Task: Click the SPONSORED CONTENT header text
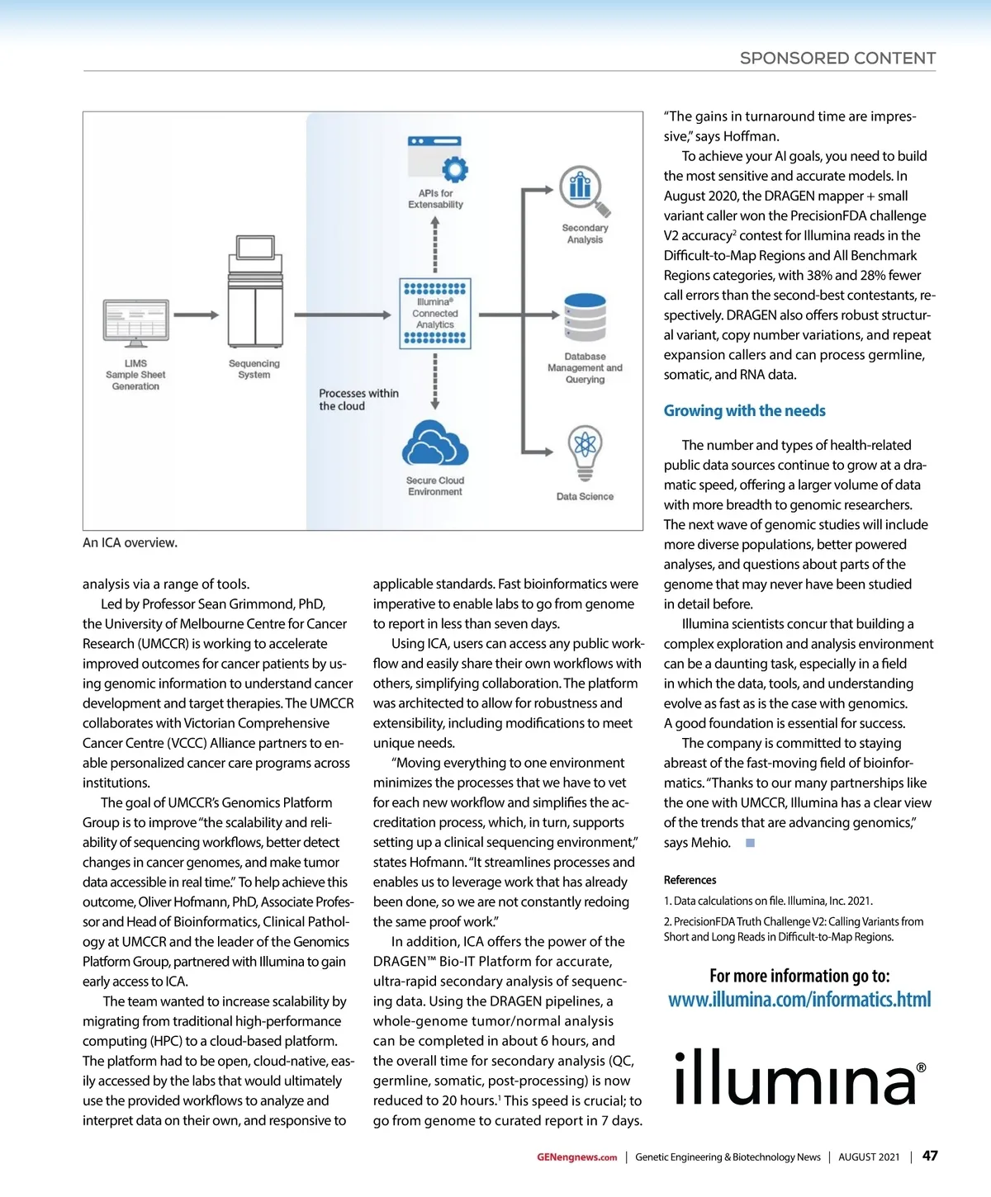[x=837, y=58]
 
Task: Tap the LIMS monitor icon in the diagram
[x=135, y=323]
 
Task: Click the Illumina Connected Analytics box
[x=435, y=314]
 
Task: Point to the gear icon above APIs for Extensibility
[x=454, y=168]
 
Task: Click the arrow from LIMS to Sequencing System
[x=196, y=315]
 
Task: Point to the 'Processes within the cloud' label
[x=358, y=400]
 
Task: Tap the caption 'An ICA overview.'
[x=130, y=542]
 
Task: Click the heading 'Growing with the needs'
[x=744, y=410]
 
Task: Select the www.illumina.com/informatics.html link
[x=799, y=1000]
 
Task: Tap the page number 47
[x=930, y=1156]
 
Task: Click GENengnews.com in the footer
[x=576, y=1157]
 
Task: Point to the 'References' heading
[x=690, y=880]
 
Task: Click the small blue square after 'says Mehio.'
[x=750, y=843]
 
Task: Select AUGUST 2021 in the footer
[x=869, y=1157]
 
